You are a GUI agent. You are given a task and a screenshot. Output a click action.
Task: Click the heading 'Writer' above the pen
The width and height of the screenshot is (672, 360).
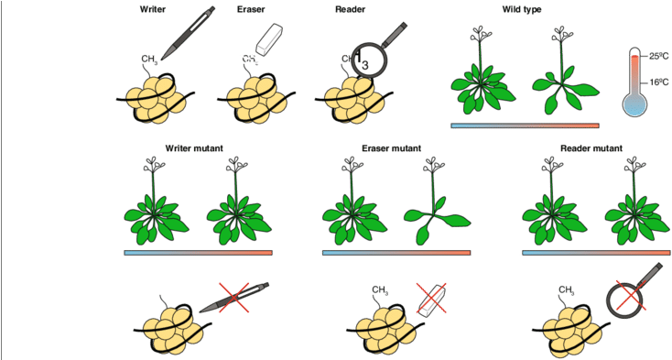pyautogui.click(x=152, y=9)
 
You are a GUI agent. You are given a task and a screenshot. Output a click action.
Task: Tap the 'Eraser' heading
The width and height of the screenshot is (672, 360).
pyautogui.click(x=251, y=9)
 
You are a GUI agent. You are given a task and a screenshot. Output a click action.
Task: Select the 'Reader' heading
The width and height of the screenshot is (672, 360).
pyautogui.click(x=350, y=9)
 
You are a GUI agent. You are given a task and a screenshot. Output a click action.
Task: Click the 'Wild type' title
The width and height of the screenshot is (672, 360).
pyautogui.click(x=522, y=9)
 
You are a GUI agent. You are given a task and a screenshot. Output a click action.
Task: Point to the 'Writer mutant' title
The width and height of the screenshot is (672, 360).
pyautogui.click(x=194, y=148)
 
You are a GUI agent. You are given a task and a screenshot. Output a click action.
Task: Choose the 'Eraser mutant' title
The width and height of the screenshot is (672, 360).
pyautogui.click(x=391, y=148)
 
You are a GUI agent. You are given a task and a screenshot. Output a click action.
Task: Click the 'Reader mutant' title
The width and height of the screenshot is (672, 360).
pyautogui.click(x=591, y=148)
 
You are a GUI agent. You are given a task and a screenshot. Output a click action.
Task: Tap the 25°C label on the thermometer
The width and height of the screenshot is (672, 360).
pyautogui.click(x=658, y=56)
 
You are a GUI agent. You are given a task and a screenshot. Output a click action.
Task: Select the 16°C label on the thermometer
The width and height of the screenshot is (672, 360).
pyautogui.click(x=658, y=82)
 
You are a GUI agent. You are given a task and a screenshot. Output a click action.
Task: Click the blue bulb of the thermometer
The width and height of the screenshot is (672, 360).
pyautogui.click(x=634, y=105)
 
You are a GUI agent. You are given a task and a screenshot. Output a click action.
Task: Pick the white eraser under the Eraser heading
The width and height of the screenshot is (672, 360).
pyautogui.click(x=269, y=38)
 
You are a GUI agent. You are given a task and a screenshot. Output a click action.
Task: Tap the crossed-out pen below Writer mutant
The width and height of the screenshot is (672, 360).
pyautogui.click(x=234, y=297)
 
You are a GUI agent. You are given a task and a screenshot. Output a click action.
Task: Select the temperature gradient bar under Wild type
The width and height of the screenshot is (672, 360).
pyautogui.click(x=525, y=125)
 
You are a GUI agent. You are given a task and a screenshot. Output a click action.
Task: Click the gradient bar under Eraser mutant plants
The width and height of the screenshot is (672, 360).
pyautogui.click(x=396, y=253)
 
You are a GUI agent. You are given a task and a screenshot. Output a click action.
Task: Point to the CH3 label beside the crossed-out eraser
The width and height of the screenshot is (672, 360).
pyautogui.click(x=380, y=290)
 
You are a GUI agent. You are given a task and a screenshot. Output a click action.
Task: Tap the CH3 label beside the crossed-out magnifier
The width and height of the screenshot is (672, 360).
pyautogui.click(x=567, y=290)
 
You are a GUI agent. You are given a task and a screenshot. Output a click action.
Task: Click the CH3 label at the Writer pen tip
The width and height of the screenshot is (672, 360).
pyautogui.click(x=150, y=60)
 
